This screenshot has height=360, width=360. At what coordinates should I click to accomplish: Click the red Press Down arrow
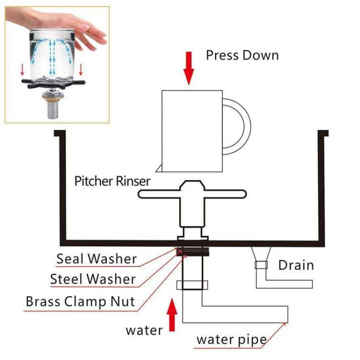[189, 72]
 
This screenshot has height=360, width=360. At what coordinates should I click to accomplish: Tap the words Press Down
[242, 55]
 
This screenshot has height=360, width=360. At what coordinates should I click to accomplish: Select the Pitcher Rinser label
[112, 181]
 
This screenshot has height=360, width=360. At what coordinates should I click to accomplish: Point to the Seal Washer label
[96, 259]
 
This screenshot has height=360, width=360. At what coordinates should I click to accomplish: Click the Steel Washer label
[93, 279]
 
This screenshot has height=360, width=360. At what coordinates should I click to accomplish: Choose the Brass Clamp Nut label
[80, 302]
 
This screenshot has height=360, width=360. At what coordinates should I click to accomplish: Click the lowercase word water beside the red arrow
[144, 330]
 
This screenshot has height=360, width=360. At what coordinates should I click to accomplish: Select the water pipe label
[231, 340]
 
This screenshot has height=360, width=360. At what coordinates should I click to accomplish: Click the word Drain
[296, 265]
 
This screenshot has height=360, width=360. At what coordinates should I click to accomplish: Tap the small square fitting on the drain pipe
[261, 265]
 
